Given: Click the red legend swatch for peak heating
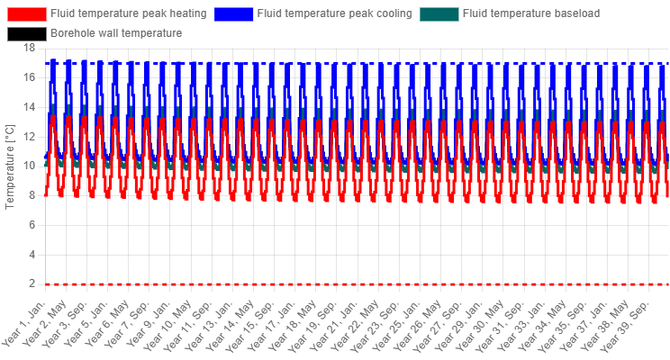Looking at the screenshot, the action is click(27, 14).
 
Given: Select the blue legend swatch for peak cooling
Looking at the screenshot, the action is click(233, 14).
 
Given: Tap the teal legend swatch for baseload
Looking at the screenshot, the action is click(439, 14).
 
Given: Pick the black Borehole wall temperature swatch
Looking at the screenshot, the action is click(27, 33).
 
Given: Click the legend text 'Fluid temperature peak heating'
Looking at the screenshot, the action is click(129, 13).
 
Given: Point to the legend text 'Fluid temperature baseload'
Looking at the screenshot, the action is click(531, 13).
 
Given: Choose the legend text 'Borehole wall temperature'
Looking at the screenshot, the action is click(116, 33).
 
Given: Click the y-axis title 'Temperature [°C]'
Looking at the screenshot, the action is click(9, 167).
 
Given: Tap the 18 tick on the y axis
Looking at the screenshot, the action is click(30, 48).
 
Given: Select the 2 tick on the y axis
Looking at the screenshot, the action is click(32, 284).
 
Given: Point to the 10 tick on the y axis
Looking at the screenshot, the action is click(30, 166).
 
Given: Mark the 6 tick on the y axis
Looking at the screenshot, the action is click(32, 225).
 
